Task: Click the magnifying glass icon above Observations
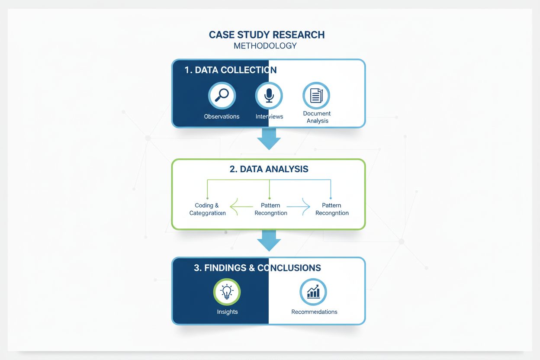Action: click(222, 95)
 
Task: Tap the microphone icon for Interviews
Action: click(269, 95)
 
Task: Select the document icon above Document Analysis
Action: click(316, 95)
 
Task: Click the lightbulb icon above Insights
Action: click(227, 292)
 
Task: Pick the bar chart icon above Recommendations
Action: click(313, 292)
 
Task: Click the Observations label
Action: click(222, 116)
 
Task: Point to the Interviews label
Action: click(269, 116)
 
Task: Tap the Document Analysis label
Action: click(317, 117)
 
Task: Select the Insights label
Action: click(227, 312)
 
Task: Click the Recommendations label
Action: click(314, 312)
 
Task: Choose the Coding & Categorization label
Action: click(207, 209)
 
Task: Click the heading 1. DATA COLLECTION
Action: click(230, 70)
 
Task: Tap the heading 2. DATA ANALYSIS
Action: click(269, 169)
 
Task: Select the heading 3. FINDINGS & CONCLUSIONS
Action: click(257, 268)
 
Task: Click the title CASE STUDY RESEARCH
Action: click(267, 35)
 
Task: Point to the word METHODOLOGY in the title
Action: click(265, 46)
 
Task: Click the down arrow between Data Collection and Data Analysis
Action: click(269, 139)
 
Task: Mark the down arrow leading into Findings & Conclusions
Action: click(269, 241)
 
